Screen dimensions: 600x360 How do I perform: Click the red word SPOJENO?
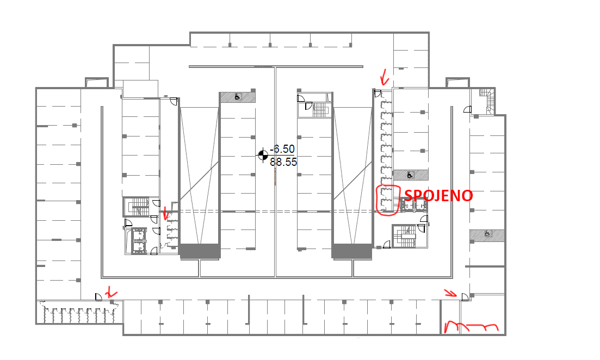tap(438, 195)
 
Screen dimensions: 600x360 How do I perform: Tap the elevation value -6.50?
tap(282, 149)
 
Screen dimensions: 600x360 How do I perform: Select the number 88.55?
tap(283, 162)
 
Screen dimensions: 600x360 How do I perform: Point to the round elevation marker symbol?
tap(263, 155)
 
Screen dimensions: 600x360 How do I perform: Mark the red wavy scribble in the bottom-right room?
tap(471, 327)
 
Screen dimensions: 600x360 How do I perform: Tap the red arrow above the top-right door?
tap(384, 78)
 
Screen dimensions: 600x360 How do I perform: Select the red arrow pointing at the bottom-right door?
tap(450, 293)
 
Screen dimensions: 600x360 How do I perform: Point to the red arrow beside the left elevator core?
tap(165, 214)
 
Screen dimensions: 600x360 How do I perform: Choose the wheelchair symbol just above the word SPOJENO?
tap(410, 175)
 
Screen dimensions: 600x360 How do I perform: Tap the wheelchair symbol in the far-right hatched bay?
tap(487, 233)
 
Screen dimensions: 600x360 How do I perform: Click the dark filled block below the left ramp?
tap(200, 251)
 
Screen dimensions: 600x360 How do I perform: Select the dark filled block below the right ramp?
tap(352, 251)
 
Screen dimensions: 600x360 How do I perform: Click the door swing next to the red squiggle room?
tap(465, 297)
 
